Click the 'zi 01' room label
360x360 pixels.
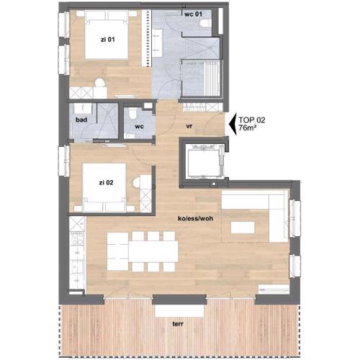(x=107, y=40)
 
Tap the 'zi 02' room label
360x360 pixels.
(x=106, y=183)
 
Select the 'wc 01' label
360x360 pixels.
(x=193, y=14)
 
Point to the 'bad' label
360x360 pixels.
(x=81, y=120)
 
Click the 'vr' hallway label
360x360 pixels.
(x=189, y=126)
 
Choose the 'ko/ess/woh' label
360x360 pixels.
(x=196, y=218)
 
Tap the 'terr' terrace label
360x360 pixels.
(x=178, y=324)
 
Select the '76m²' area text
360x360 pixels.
(x=247, y=127)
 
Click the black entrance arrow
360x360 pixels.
(x=233, y=124)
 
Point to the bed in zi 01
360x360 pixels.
(x=107, y=35)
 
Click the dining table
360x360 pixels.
(x=153, y=251)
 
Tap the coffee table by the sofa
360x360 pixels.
(x=243, y=228)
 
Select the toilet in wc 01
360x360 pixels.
(x=205, y=24)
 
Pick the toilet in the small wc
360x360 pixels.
(x=132, y=112)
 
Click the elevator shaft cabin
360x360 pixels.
(x=204, y=161)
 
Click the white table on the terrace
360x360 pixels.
(x=179, y=311)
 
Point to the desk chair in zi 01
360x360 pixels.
(x=100, y=83)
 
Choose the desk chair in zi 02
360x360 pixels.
(x=137, y=181)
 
